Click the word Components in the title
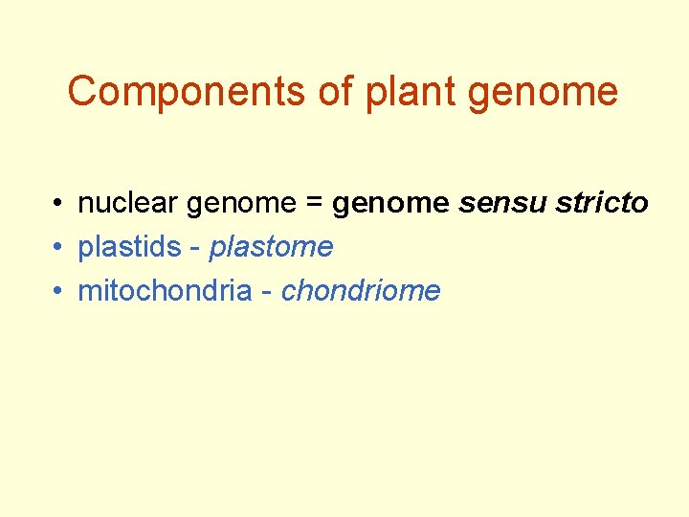click(163, 92)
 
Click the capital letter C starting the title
click(83, 92)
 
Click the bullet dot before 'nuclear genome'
click(59, 204)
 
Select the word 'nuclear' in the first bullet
click(128, 203)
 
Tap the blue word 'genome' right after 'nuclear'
click(242, 205)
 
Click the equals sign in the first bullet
click(315, 204)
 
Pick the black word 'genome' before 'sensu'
click(390, 205)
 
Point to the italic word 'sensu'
click(493, 204)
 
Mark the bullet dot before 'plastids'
click(59, 248)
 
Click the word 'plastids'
click(129, 247)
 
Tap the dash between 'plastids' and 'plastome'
click(195, 249)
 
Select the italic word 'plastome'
click(271, 248)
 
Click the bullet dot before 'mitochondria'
click(59, 292)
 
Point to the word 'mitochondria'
click(164, 291)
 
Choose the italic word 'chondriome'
click(360, 291)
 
